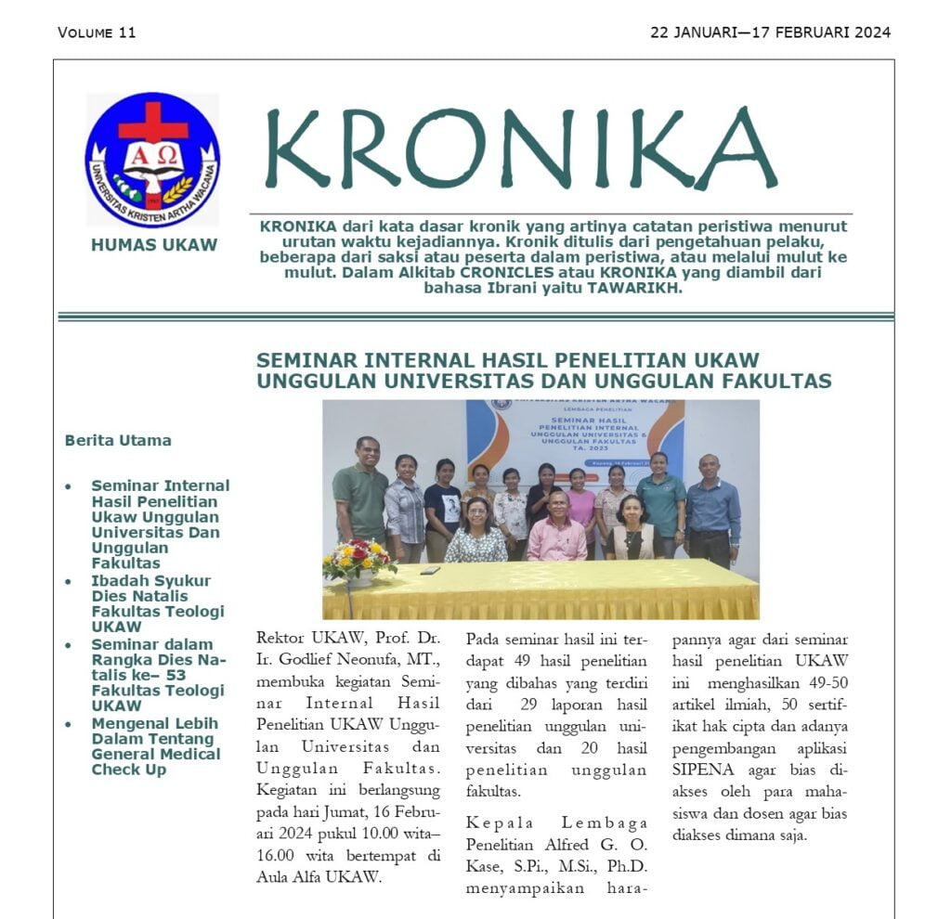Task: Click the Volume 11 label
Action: (x=97, y=32)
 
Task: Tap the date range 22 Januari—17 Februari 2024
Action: (x=770, y=32)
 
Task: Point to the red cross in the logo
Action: (x=152, y=122)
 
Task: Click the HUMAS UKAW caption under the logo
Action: (x=154, y=245)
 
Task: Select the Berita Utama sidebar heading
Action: (x=118, y=440)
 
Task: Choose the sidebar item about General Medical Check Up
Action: (x=155, y=746)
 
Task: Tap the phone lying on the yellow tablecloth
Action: (x=429, y=570)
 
